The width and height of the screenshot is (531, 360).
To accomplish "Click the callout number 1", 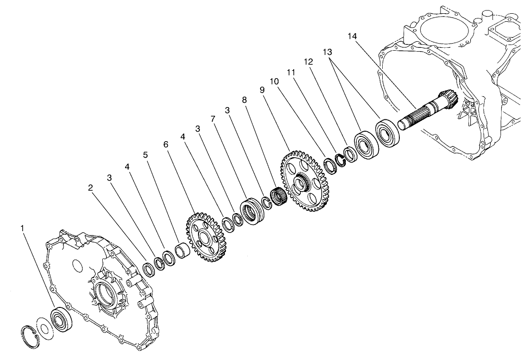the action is [x=22, y=229].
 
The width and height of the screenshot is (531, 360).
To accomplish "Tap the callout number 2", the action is [x=90, y=188].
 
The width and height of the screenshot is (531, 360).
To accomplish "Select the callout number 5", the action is [x=145, y=154].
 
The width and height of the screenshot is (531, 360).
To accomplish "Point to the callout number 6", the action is [x=166, y=144].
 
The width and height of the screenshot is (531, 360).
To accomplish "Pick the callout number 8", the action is [x=244, y=100].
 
